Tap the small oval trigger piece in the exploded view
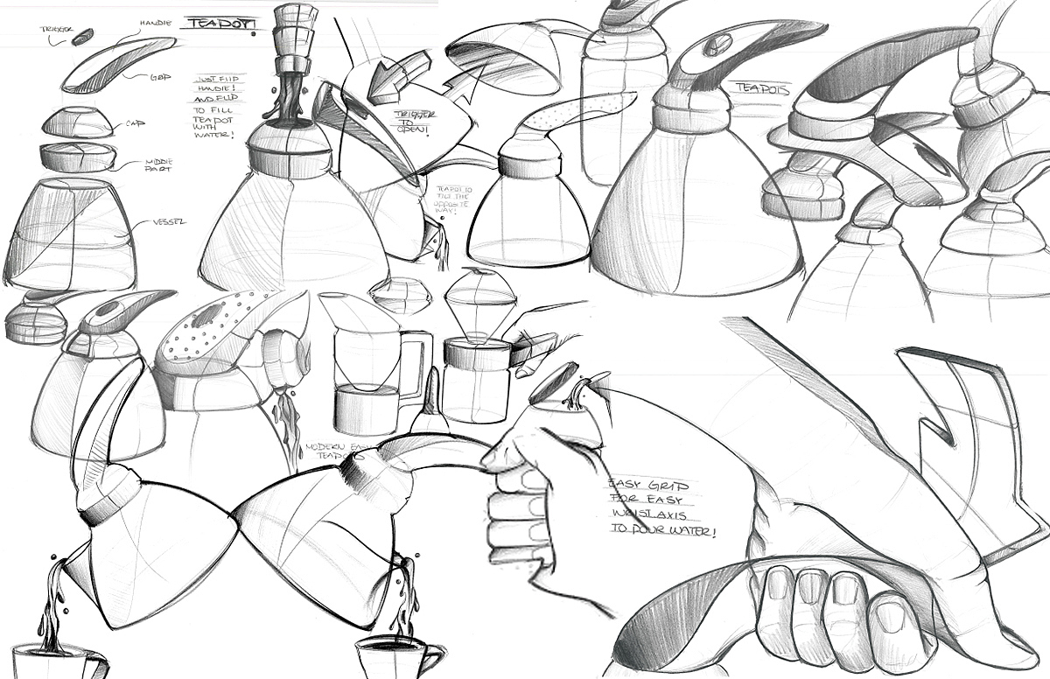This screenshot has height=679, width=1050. pos(82,38)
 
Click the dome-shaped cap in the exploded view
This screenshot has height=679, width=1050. pos(77,122)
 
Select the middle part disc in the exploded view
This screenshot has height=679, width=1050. pos(78,157)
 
